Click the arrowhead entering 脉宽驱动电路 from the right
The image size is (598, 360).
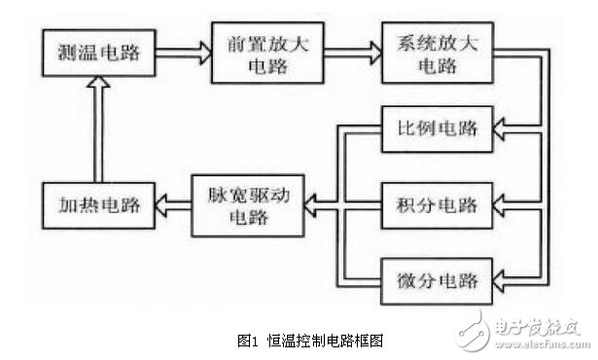pyautogui.click(x=309, y=205)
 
